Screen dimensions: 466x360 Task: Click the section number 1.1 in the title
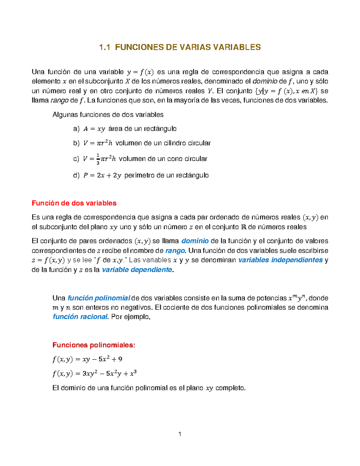point(105,47)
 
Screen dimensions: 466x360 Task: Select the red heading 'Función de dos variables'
point(74,203)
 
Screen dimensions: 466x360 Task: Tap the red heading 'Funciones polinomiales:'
point(94,345)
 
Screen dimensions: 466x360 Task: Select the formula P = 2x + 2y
point(102,176)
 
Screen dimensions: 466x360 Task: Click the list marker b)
point(76,143)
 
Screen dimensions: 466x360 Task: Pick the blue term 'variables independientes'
point(280,260)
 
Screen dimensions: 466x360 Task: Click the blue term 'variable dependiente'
point(137,270)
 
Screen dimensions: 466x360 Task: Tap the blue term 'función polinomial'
point(99,298)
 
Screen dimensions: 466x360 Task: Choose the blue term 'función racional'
point(80,317)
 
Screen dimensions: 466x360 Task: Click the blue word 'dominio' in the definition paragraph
point(195,241)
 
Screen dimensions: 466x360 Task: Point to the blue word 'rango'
point(175,251)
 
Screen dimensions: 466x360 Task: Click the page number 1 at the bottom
point(180,434)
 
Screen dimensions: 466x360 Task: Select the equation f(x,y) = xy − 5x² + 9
point(87,359)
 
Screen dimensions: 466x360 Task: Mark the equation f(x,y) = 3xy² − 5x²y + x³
point(94,374)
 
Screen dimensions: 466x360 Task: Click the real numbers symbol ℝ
point(243,227)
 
